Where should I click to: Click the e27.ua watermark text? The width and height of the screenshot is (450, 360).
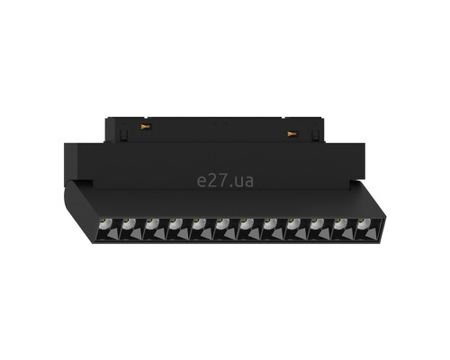point(225,181)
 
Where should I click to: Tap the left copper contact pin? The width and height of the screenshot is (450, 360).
point(145,127)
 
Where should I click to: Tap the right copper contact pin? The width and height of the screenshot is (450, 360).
point(292,133)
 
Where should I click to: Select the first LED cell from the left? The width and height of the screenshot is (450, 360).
point(109,229)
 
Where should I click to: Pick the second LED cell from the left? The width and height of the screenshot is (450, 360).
point(132,229)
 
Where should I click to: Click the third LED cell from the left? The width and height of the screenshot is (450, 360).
point(156,229)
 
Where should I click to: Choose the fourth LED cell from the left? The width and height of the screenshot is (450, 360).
point(179,229)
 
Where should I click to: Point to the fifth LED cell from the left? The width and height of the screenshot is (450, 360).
point(202,229)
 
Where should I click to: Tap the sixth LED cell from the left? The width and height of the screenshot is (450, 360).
point(226,229)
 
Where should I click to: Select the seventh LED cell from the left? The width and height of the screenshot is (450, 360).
point(249,229)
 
